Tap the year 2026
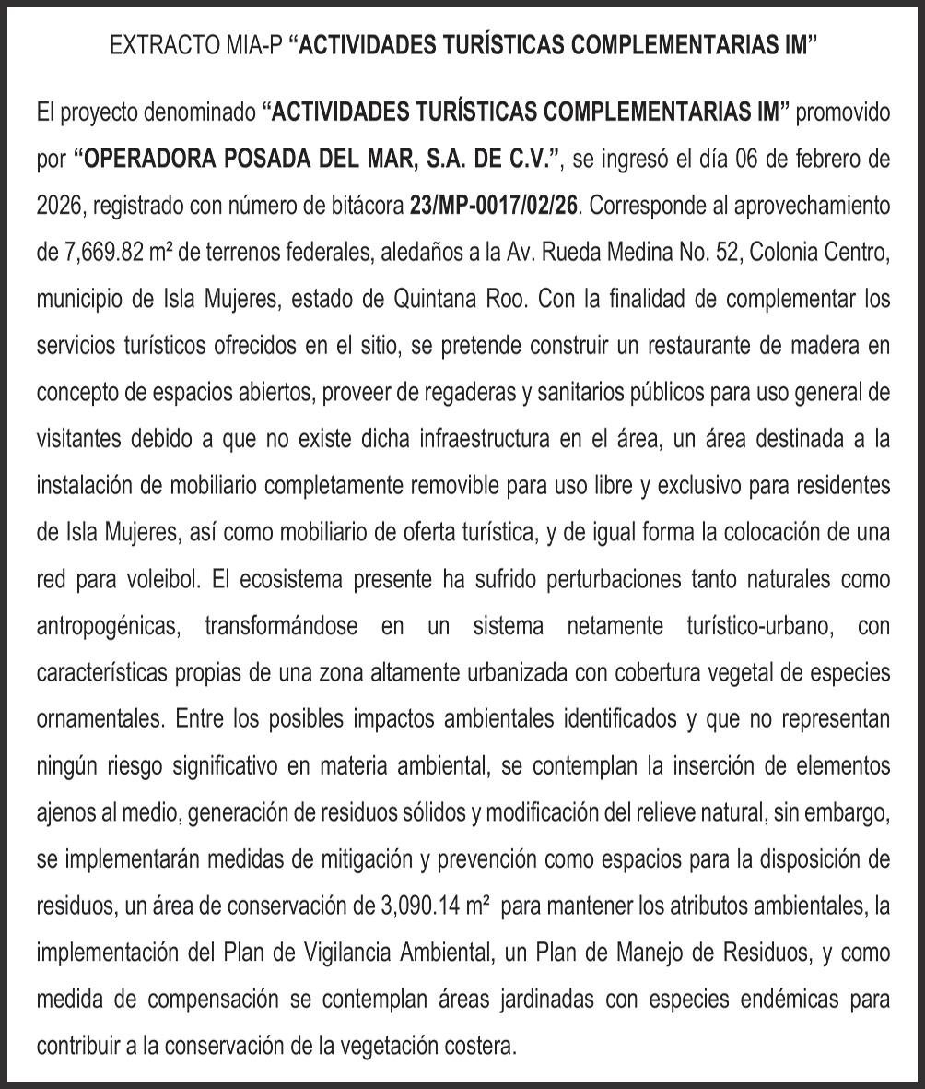click(61, 205)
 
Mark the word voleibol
click(158, 580)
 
